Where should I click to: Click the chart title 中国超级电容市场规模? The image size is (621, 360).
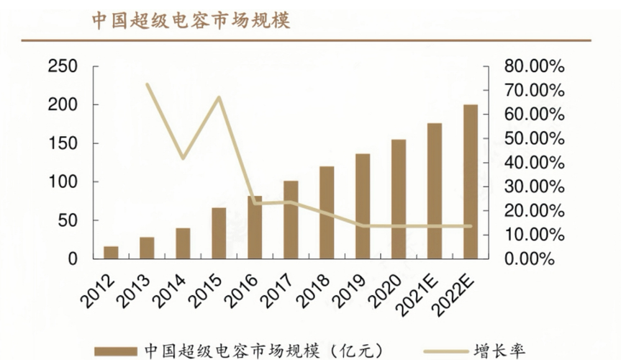coord(191,20)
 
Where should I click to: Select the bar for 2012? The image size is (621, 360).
coord(111,252)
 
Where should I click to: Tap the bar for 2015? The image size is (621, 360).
coord(219,233)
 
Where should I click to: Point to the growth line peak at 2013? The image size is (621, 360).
coord(147,84)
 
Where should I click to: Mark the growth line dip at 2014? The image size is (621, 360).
coord(183,158)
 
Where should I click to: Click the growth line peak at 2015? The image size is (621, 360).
coord(219,97)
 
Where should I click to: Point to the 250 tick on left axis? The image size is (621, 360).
coord(63,67)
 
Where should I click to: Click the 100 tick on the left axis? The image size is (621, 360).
coord(63,182)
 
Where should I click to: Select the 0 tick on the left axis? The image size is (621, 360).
coord(73,259)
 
